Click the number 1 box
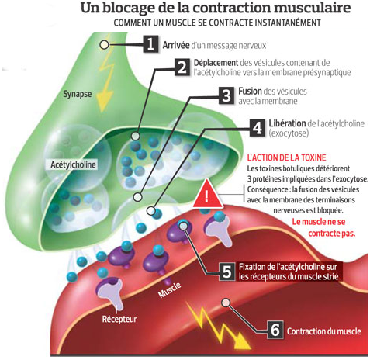click(x=150, y=44)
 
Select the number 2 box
click(x=182, y=67)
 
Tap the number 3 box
click(x=226, y=95)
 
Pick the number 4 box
click(x=258, y=128)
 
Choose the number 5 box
click(x=226, y=272)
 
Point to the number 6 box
click(x=275, y=330)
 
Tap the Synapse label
click(x=78, y=94)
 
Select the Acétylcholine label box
click(x=73, y=164)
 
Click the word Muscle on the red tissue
click(x=169, y=289)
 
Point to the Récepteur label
click(x=119, y=319)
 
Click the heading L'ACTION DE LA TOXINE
click(x=286, y=157)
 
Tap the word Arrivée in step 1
click(x=176, y=45)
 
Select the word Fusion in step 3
click(x=250, y=91)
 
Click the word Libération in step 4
click(x=287, y=123)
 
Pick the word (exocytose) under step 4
click(x=289, y=133)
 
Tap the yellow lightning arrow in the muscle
click(x=219, y=327)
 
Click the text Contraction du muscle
click(x=324, y=331)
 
